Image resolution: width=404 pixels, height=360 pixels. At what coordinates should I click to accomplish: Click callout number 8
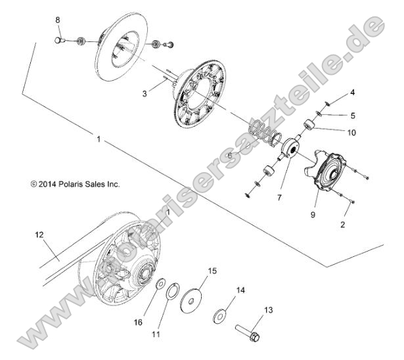(x=58, y=20)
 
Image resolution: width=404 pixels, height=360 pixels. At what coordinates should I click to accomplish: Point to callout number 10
(x=353, y=132)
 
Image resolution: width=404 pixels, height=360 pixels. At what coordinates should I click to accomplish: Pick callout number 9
(x=314, y=214)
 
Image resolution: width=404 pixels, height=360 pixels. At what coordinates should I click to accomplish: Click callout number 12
(x=39, y=233)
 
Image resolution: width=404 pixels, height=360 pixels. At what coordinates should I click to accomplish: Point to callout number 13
(x=267, y=309)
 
